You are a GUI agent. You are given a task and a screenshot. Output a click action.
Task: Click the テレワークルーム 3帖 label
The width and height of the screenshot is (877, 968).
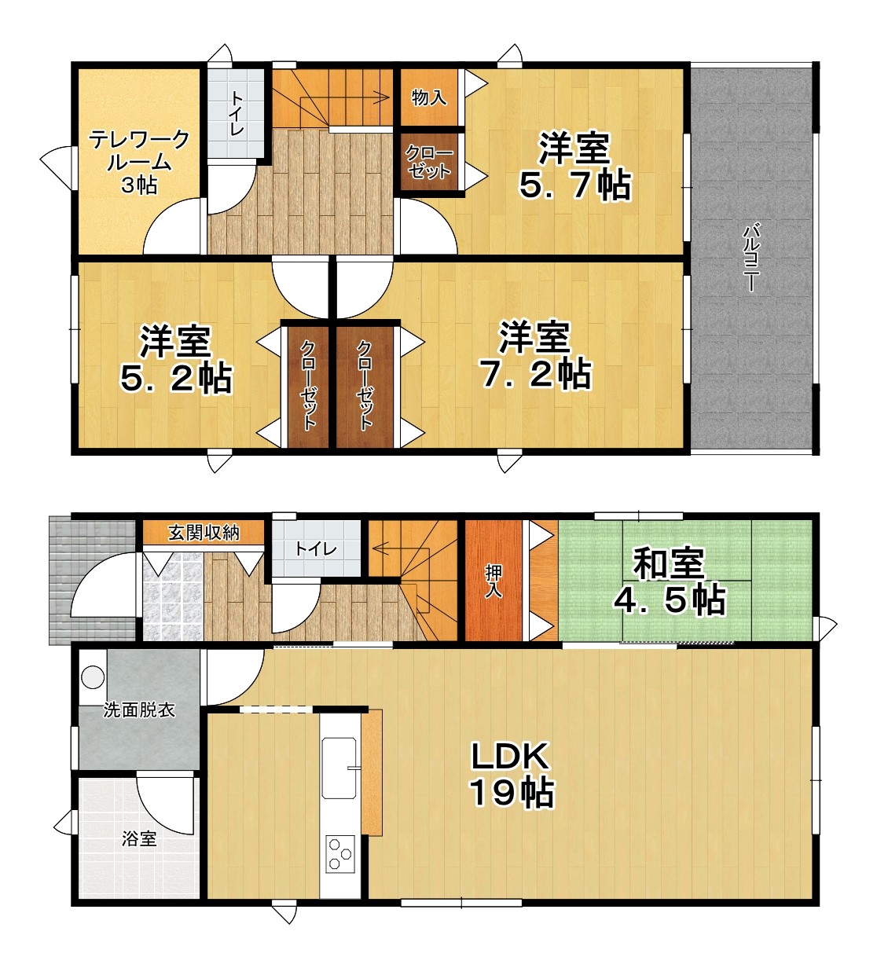140,162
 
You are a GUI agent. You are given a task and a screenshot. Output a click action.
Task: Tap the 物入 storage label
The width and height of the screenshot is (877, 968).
428,97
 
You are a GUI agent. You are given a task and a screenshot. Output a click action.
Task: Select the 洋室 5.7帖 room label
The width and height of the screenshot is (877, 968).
575,166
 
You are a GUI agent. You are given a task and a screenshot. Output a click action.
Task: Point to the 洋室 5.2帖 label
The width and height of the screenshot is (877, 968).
176,360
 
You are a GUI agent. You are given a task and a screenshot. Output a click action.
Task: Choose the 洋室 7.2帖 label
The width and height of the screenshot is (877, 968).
535,354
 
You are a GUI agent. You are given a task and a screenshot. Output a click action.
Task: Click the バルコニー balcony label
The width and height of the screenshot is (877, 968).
751,257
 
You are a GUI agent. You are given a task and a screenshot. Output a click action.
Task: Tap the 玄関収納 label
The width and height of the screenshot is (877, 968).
204,533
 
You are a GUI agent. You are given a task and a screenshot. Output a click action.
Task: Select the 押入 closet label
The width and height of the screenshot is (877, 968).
494,581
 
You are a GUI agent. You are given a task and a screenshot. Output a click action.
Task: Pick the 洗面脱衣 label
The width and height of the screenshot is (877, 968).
139,709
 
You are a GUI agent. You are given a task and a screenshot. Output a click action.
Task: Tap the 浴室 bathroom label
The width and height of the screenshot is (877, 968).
139,838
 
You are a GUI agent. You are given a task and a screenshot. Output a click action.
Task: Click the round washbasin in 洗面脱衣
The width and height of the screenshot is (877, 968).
93,676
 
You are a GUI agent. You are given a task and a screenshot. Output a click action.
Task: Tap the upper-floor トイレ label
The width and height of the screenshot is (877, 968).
237,113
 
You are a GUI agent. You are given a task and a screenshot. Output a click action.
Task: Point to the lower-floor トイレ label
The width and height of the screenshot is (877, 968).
316,548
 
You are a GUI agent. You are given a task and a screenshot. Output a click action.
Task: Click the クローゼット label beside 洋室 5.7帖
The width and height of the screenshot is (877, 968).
428,162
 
